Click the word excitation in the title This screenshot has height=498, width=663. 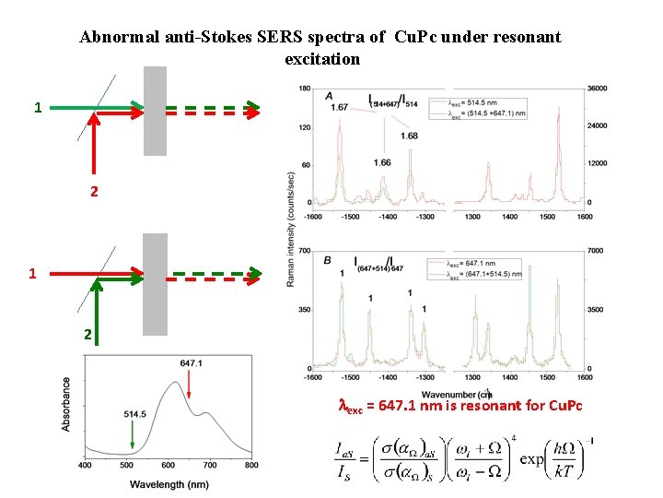click(322, 59)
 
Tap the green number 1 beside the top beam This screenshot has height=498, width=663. click(38, 108)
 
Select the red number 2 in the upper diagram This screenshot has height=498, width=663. click(93, 193)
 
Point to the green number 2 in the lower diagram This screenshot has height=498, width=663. click(87, 336)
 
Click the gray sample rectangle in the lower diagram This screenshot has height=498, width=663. click(155, 283)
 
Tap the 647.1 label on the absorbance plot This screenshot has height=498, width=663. click(192, 364)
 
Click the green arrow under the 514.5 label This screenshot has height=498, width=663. click(133, 435)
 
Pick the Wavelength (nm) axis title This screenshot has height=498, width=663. click(169, 483)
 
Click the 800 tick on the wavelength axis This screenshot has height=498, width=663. click(251, 466)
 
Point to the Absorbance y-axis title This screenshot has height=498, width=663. click(66, 403)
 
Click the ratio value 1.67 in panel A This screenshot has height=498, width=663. click(338, 108)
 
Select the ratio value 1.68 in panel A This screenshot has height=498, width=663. click(409, 136)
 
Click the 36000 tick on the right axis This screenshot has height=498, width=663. click(599, 89)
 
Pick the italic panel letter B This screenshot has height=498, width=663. click(328, 261)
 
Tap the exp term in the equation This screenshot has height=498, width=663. click(531, 458)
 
